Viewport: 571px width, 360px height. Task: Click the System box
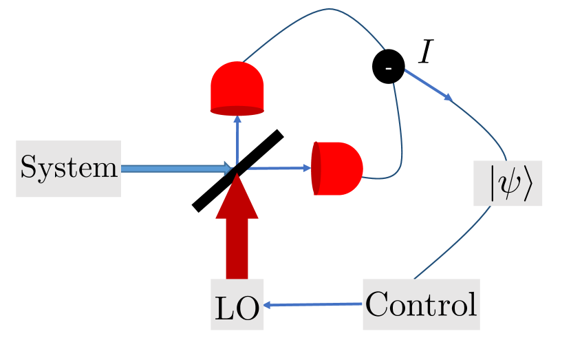[x=69, y=168]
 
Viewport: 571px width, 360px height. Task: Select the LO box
[x=237, y=304]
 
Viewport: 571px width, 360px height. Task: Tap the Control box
[x=420, y=304]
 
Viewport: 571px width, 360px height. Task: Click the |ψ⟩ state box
[x=508, y=183]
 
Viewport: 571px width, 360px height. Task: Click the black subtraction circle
[x=388, y=67]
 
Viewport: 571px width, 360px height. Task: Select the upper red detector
[x=237, y=86]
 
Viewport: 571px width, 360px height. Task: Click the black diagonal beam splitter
[x=237, y=169]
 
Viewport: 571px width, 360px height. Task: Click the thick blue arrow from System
[x=175, y=168]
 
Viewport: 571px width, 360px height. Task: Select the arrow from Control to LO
[x=313, y=305]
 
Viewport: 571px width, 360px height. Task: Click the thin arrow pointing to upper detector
[x=237, y=138]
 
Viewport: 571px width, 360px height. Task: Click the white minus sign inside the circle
[x=388, y=67]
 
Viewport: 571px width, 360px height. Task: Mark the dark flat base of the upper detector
[x=237, y=110]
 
